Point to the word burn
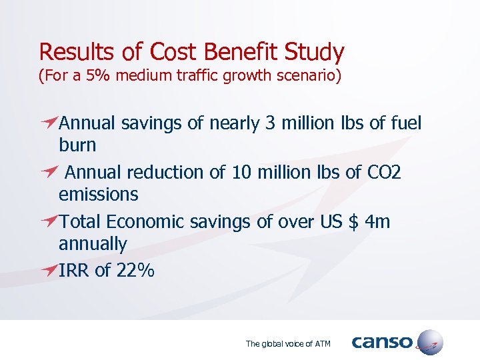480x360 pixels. pyautogui.click(x=77, y=145)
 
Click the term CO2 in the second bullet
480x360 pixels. pyautogui.click(x=384, y=173)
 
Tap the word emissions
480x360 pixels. pyautogui.click(x=99, y=195)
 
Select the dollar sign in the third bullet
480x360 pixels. pyautogui.click(x=354, y=222)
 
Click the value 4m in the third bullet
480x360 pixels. pyautogui.click(x=378, y=222)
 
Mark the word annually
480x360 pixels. pyautogui.click(x=93, y=244)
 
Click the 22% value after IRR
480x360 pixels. pyautogui.click(x=135, y=271)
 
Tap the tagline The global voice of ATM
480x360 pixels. pyautogui.click(x=288, y=344)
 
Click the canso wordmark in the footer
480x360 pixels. pyautogui.click(x=382, y=343)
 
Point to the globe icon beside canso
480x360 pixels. pyautogui.click(x=428, y=342)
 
